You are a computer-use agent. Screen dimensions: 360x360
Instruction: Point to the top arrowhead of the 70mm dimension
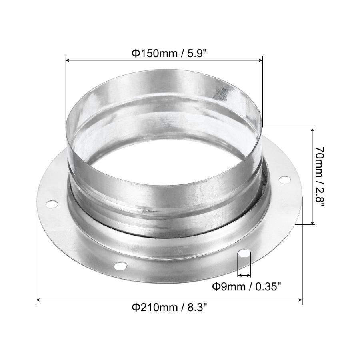(x=312, y=131)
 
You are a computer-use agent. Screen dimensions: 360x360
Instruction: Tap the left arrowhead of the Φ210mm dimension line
(x=39, y=300)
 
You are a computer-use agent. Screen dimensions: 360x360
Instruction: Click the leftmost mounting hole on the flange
(x=51, y=204)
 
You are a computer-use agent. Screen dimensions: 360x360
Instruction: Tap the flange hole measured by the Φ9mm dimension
(x=244, y=254)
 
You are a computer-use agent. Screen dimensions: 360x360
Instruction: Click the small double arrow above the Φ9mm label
(x=244, y=275)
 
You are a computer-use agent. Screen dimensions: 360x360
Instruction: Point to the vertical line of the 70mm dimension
(x=312, y=176)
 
